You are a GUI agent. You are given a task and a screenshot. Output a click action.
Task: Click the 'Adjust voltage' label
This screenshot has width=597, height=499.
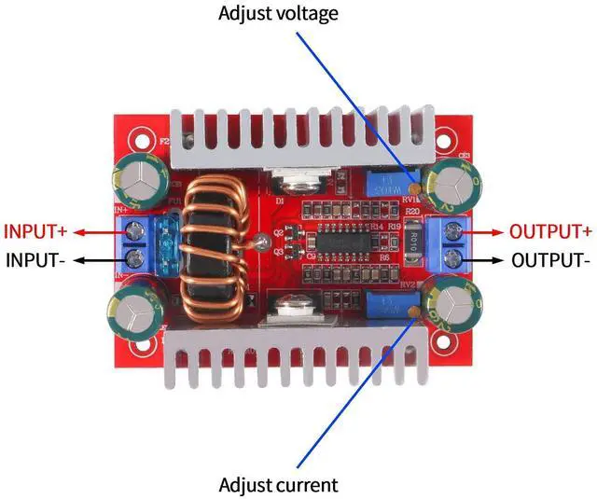click(x=277, y=13)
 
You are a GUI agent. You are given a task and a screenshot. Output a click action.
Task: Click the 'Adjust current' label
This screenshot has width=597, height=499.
click(x=277, y=485)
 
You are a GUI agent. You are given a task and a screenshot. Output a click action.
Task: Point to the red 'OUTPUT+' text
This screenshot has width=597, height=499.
click(x=549, y=231)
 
